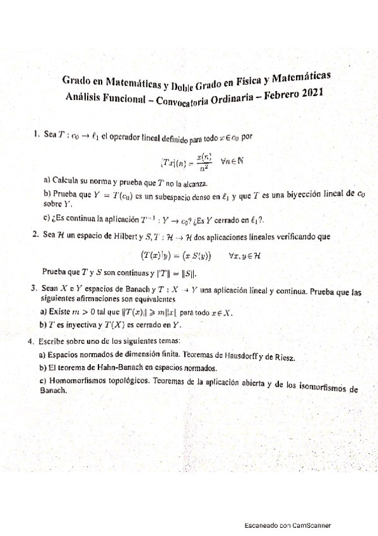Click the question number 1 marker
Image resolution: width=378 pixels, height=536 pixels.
tap(36, 135)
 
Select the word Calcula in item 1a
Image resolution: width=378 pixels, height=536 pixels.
tap(67, 180)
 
